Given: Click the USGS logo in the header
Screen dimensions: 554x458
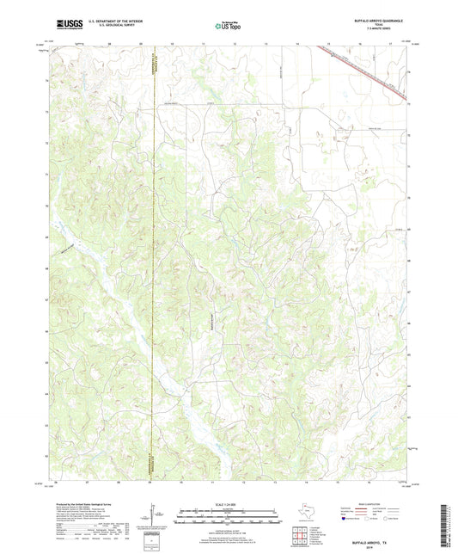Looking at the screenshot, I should (x=66, y=25).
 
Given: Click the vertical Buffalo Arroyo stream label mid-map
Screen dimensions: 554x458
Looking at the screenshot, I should (x=211, y=323).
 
